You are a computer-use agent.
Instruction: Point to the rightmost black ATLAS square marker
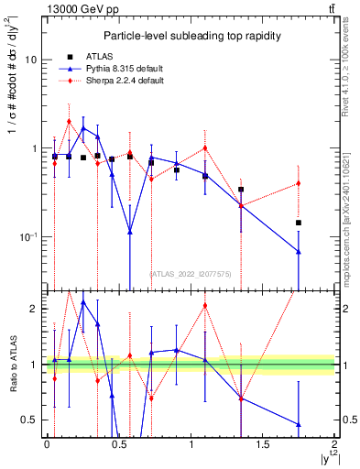[299, 223]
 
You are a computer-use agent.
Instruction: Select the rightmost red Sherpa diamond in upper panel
[299, 183]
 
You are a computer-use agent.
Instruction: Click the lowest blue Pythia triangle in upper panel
[299, 251]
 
